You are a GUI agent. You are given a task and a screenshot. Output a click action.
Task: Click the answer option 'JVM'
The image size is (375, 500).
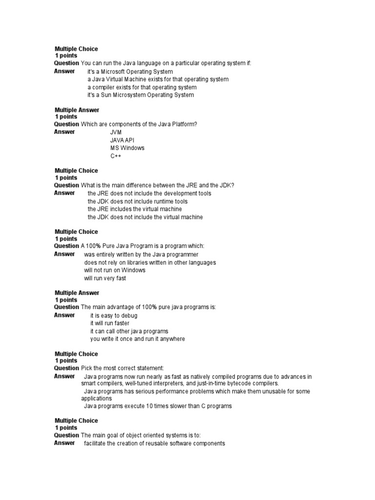click(116, 132)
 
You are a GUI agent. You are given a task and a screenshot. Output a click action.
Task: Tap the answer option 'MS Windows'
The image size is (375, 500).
click(127, 148)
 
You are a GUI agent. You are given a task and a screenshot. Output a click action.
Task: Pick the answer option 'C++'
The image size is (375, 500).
click(116, 156)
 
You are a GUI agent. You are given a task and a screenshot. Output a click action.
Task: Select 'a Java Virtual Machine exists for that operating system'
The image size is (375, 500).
click(158, 79)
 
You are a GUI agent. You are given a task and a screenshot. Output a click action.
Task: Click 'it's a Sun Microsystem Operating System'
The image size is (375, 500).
click(141, 95)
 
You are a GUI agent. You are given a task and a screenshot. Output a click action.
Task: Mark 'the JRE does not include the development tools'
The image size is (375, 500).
click(149, 193)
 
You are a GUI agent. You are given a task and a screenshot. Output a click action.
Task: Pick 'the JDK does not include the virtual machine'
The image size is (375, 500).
click(145, 217)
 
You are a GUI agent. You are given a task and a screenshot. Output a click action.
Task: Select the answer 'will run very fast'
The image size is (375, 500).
click(105, 278)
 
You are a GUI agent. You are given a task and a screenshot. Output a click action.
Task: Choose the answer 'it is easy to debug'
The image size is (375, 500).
click(114, 315)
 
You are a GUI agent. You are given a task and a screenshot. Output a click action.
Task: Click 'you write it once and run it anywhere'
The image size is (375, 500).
click(138, 339)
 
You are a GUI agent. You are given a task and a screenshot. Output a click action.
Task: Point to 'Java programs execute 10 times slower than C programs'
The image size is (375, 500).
click(158, 406)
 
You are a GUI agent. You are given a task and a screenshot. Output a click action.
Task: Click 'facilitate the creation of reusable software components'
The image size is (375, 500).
click(154, 443)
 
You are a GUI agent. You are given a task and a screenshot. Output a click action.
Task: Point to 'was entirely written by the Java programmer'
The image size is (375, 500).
click(141, 254)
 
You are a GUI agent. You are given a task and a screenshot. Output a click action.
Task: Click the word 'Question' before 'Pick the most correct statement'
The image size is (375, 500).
click(66, 368)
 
